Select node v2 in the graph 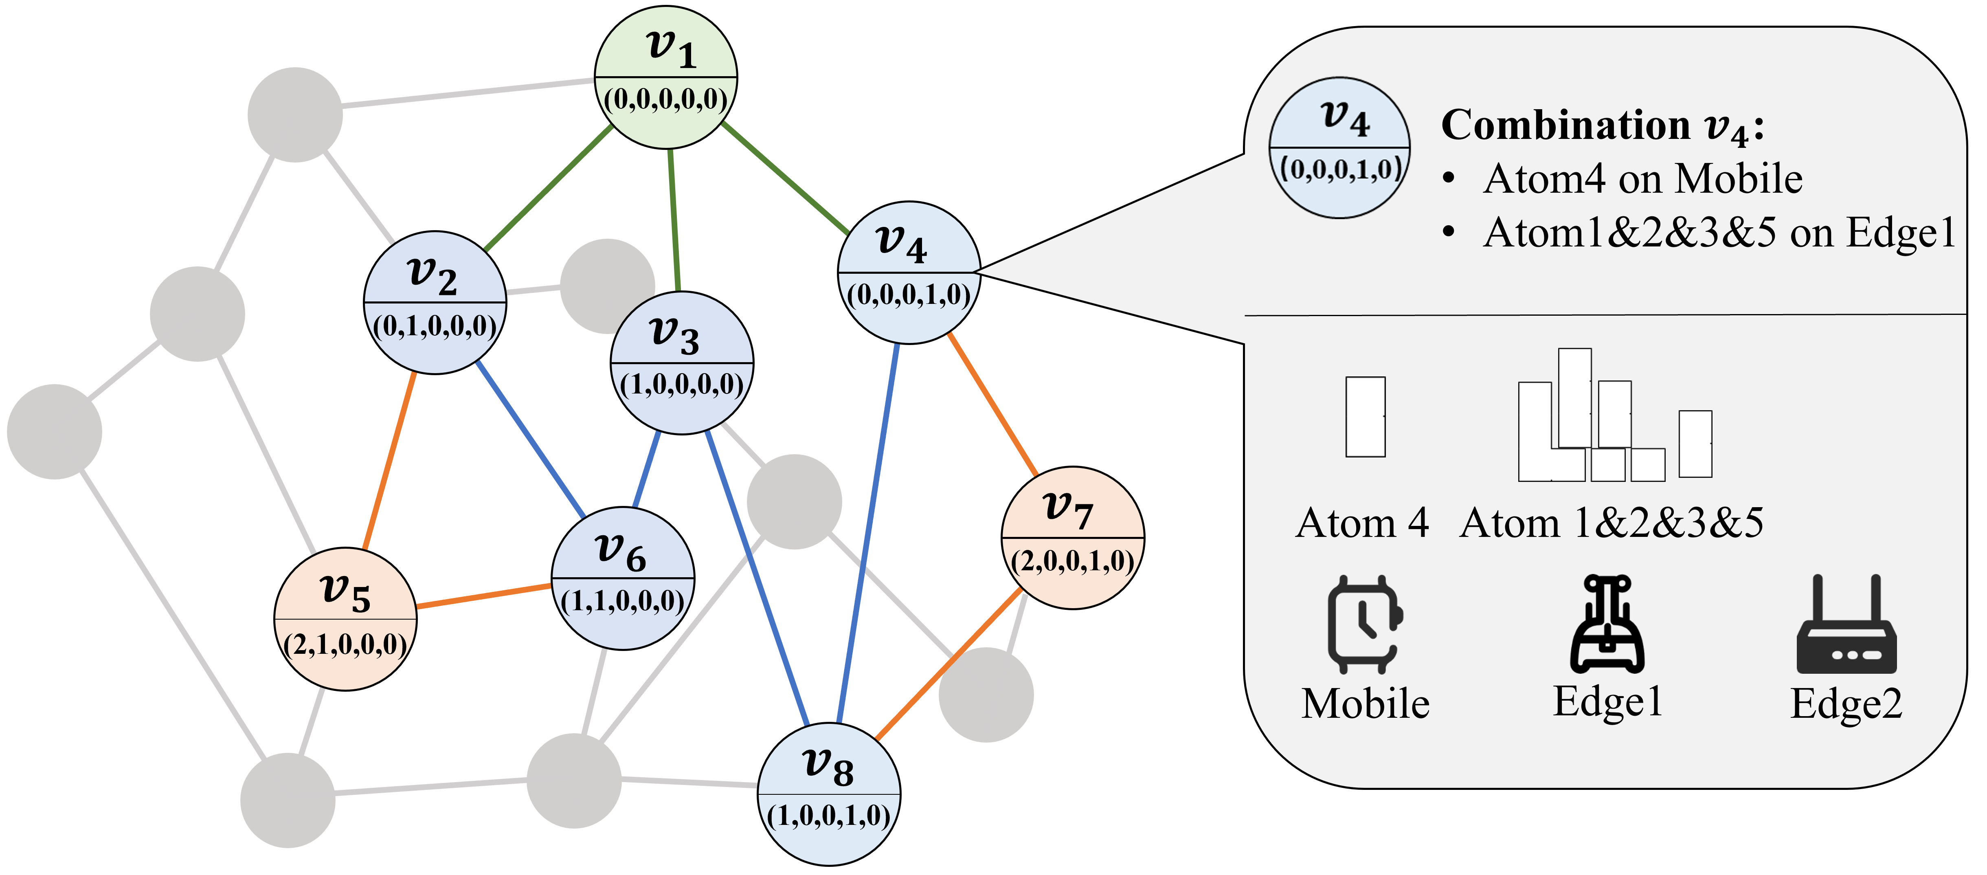pyautogui.click(x=435, y=303)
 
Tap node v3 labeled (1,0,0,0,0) pyautogui.click(x=682, y=363)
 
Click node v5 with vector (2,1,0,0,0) pyautogui.click(x=346, y=619)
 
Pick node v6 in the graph pyautogui.click(x=622, y=578)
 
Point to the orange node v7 pyautogui.click(x=1072, y=538)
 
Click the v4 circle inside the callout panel pyautogui.click(x=1340, y=147)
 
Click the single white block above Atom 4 pyautogui.click(x=1365, y=417)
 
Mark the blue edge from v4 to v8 pyautogui.click(x=868, y=532)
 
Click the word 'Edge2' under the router pyautogui.click(x=1846, y=704)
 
